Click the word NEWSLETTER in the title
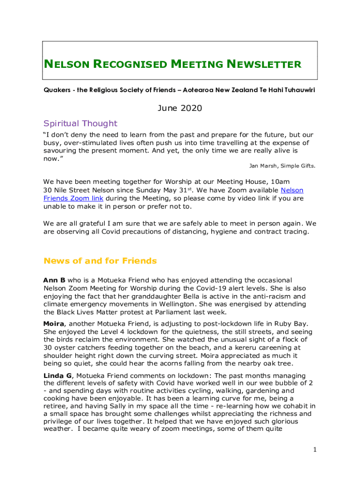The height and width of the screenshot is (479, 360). point(264,64)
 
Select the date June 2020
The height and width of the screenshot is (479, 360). point(180,109)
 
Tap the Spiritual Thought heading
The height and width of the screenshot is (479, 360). point(80,123)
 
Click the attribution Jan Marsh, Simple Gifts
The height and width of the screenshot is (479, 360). point(281,166)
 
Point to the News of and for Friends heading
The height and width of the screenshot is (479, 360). point(100,261)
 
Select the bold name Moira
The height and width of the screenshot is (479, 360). point(53,324)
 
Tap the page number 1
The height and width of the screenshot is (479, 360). point(315,450)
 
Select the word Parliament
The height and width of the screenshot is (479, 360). point(181,312)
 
